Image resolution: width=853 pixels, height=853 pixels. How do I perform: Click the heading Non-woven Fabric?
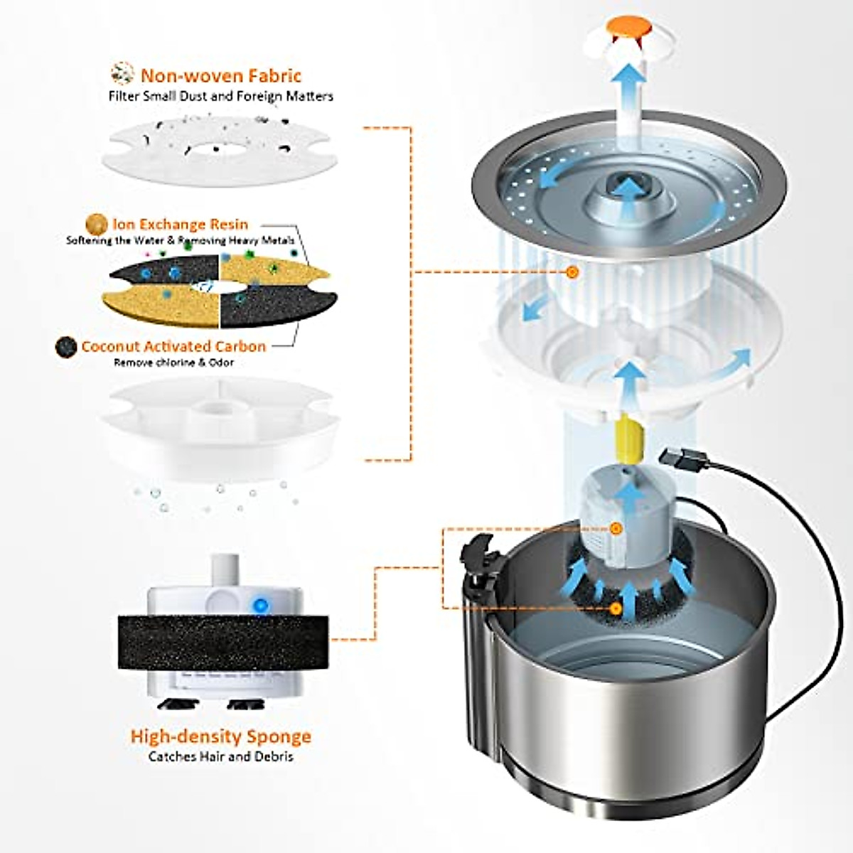tap(220, 75)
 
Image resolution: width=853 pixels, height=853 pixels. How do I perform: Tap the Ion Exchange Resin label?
tap(181, 225)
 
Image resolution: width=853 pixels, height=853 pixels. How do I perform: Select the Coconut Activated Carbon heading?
tap(173, 347)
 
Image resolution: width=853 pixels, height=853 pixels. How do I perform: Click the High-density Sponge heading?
tap(220, 736)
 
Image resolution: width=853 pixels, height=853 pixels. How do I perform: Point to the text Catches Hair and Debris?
tap(220, 756)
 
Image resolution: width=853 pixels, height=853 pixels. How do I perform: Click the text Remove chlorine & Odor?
tap(173, 363)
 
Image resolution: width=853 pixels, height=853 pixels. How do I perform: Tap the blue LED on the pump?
tap(260, 606)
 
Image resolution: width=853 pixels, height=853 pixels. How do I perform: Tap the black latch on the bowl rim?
tap(476, 559)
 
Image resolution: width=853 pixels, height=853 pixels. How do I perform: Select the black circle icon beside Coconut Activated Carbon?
tap(65, 347)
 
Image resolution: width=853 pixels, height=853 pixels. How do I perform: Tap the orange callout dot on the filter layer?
tap(573, 272)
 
